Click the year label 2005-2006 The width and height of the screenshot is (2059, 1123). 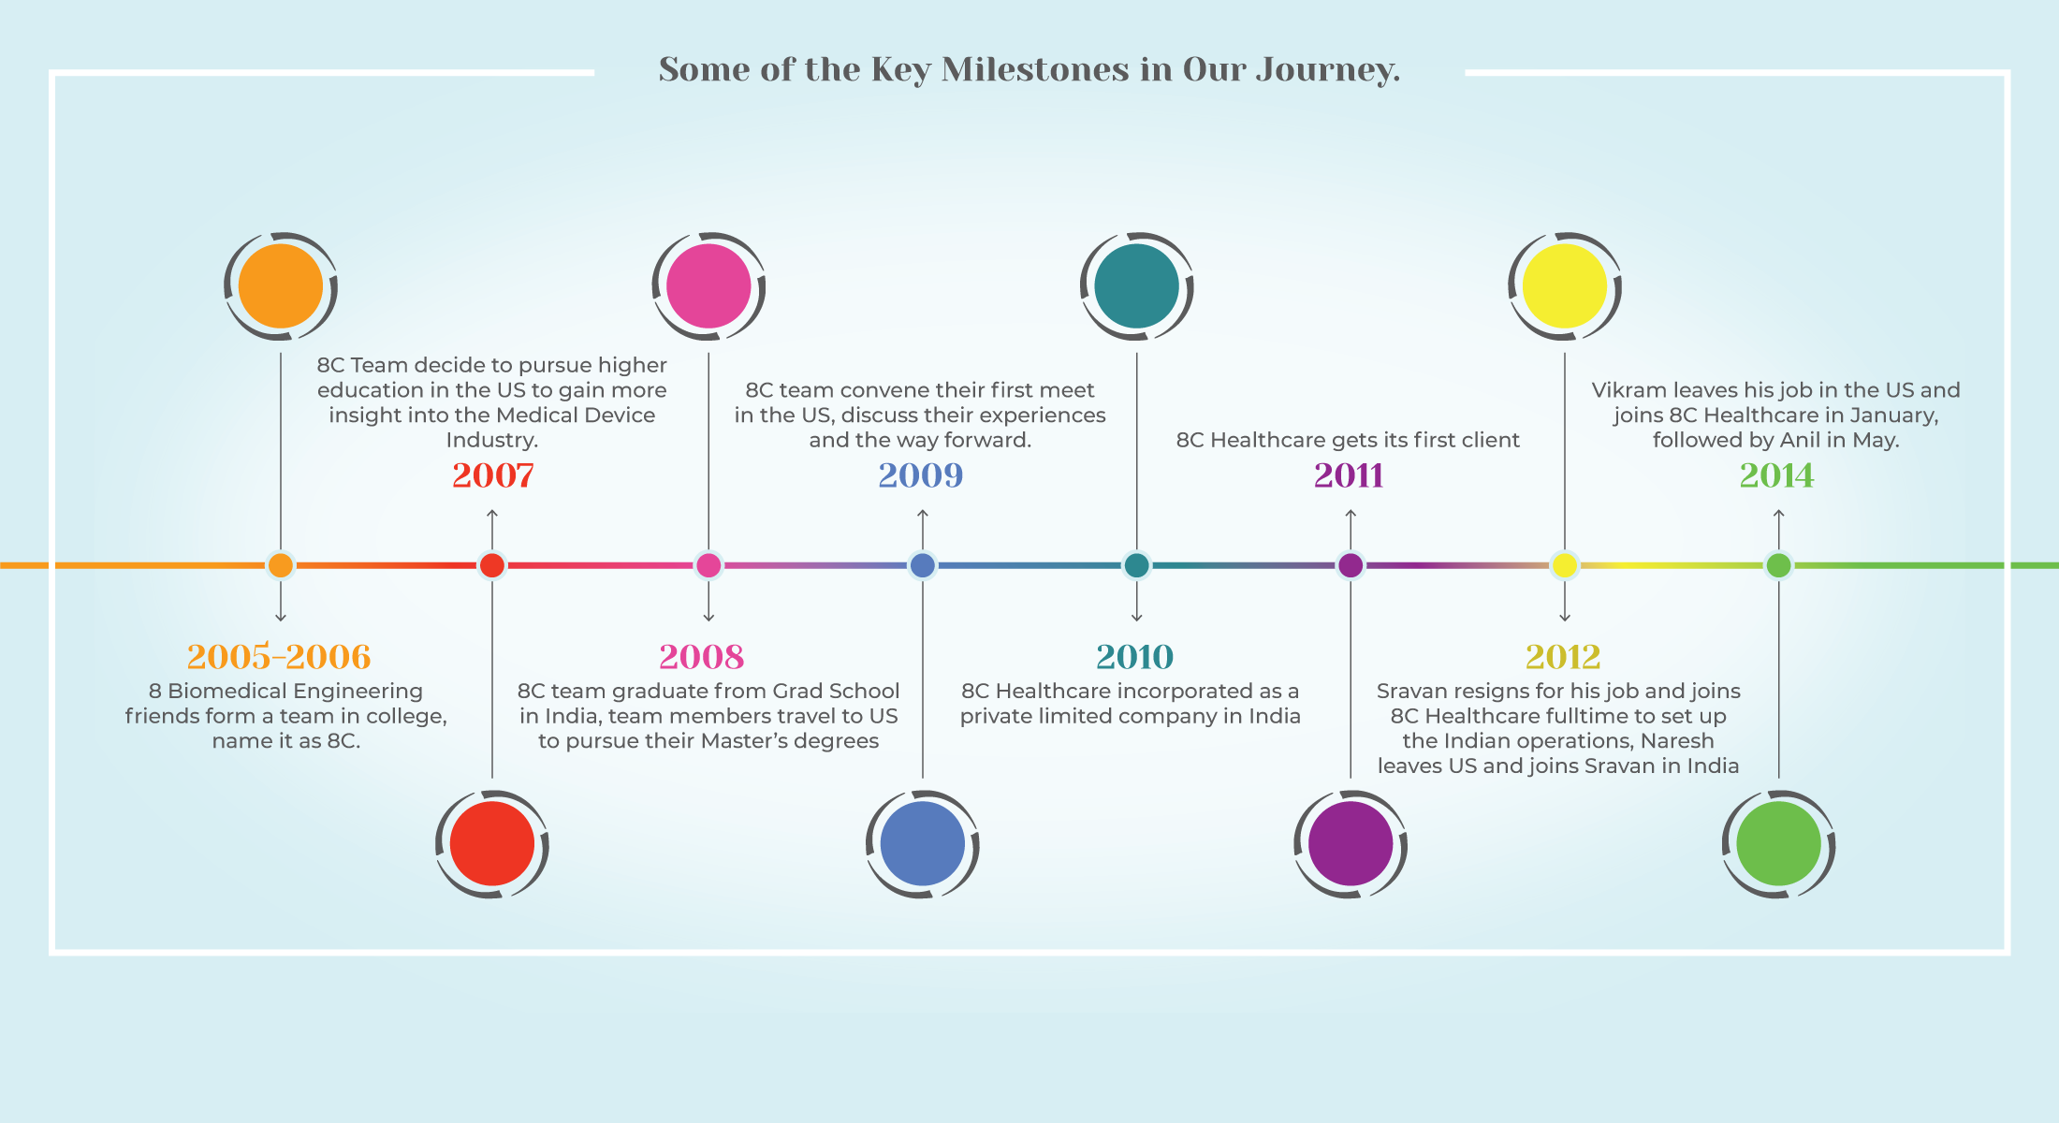tap(279, 657)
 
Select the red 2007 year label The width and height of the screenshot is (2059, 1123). tap(493, 475)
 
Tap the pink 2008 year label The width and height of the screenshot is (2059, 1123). tap(702, 657)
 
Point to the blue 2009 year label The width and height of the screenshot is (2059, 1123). tap(921, 475)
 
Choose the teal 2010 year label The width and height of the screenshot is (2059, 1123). tap(1134, 657)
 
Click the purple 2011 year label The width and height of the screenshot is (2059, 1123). tap(1349, 475)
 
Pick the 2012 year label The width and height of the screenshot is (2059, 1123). tap(1563, 657)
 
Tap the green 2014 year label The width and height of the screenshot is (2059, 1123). tap(1776, 475)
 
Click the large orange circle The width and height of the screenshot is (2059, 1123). tap(281, 286)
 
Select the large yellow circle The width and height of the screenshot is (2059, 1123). tap(1565, 286)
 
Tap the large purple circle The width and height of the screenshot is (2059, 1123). tap(1351, 843)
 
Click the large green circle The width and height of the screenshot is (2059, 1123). tap(1778, 843)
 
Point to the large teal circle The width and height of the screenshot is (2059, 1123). tap(1137, 286)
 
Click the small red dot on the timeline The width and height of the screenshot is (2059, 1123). tap(492, 565)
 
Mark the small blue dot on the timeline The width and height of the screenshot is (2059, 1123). tap(923, 565)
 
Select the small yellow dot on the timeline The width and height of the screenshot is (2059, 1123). tap(1565, 565)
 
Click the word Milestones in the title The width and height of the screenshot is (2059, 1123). tap(1035, 69)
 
